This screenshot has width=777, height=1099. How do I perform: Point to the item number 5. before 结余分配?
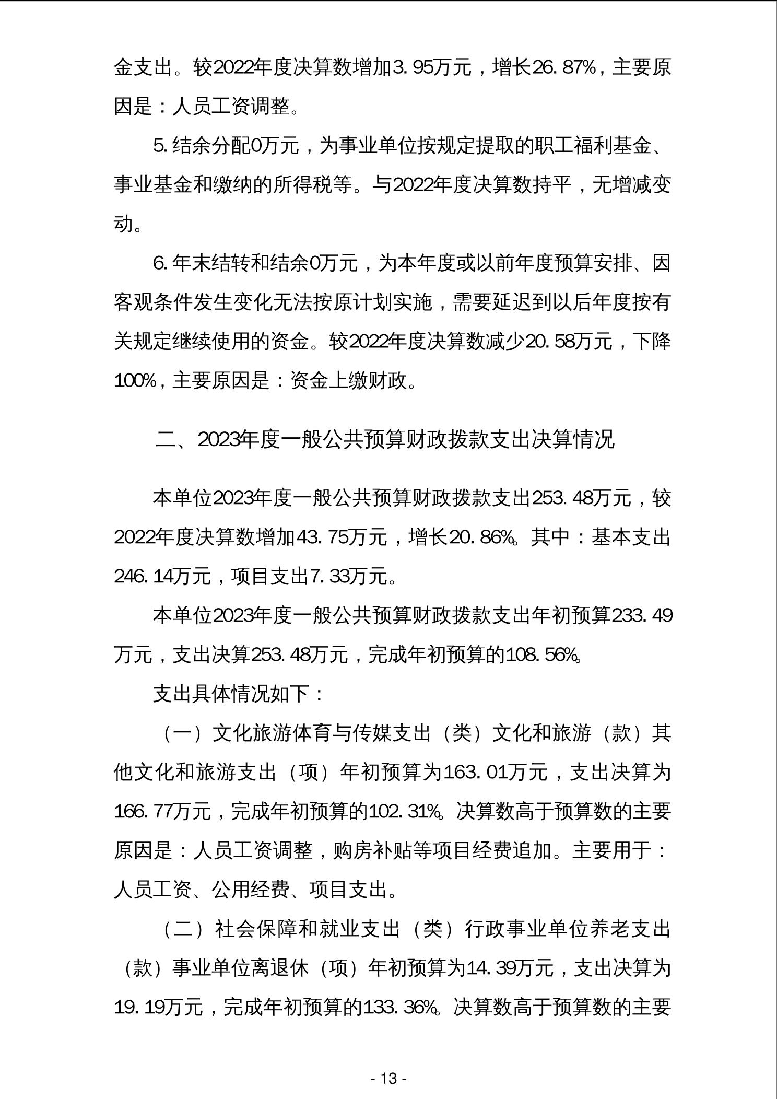[x=160, y=146]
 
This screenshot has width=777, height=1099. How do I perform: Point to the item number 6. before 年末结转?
[x=160, y=263]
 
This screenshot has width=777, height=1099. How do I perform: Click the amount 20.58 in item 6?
[x=548, y=342]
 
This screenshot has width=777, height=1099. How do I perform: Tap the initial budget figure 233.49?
[x=642, y=616]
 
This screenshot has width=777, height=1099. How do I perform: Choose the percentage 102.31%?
[x=404, y=812]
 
